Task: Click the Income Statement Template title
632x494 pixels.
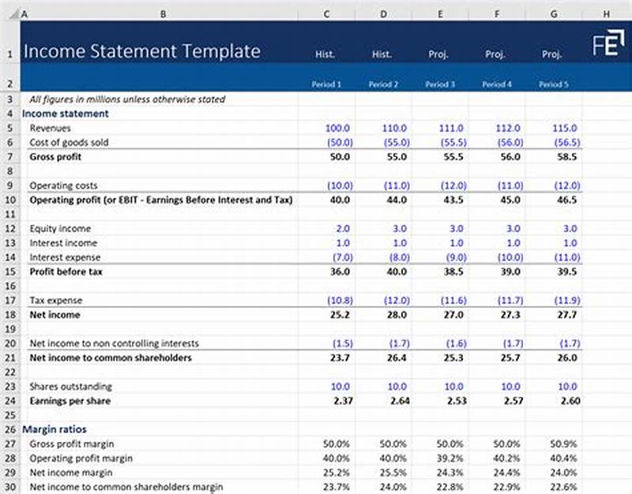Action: click(141, 52)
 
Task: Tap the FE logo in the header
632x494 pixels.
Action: click(606, 44)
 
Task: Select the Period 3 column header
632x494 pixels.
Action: click(439, 84)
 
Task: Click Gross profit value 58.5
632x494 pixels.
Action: click(566, 157)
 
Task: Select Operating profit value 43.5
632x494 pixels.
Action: click(452, 200)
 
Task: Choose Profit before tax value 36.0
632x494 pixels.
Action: click(339, 272)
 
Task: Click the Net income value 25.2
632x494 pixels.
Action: click(339, 315)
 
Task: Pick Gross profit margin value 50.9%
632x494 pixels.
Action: click(566, 444)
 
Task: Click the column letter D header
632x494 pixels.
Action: click(383, 13)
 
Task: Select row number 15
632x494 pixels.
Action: click(10, 272)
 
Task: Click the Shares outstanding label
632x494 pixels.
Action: click(71, 387)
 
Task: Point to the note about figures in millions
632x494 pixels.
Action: click(127, 99)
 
